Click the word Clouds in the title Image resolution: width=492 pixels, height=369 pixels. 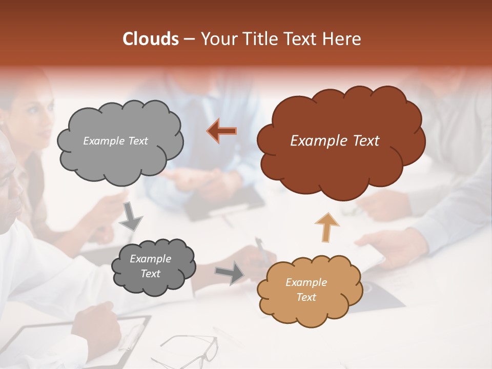tap(151, 39)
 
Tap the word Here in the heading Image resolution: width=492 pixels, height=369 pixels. tap(342, 39)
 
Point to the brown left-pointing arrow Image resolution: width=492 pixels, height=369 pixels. tap(222, 131)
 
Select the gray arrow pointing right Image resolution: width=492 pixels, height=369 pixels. tap(230, 273)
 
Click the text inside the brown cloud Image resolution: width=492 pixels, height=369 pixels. tap(335, 141)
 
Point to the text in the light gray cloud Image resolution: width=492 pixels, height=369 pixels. tap(115, 141)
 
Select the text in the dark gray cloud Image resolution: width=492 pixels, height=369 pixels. tap(150, 266)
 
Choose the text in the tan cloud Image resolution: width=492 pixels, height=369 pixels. tap(306, 290)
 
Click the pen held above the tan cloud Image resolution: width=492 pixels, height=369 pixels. tap(262, 250)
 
